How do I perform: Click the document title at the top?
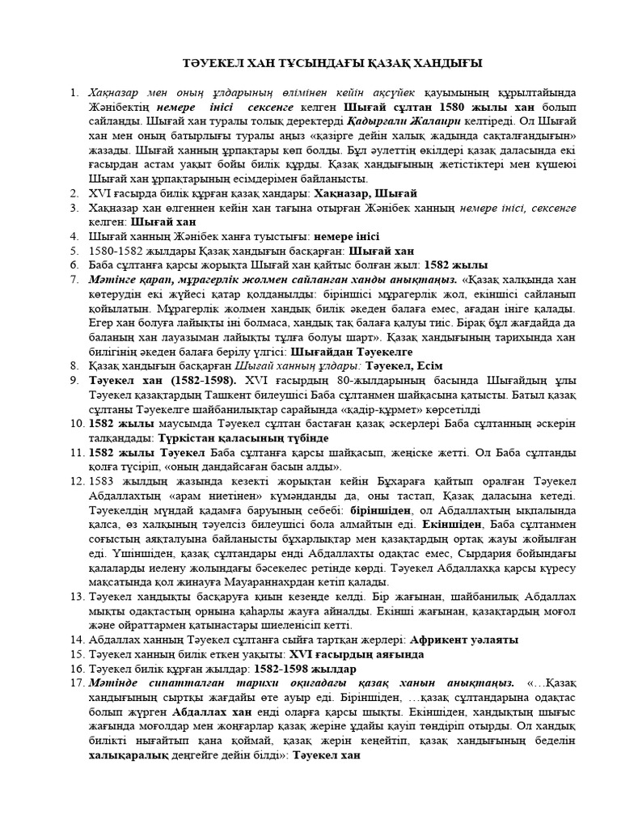coord(331,63)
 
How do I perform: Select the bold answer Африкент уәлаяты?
coord(464,639)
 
